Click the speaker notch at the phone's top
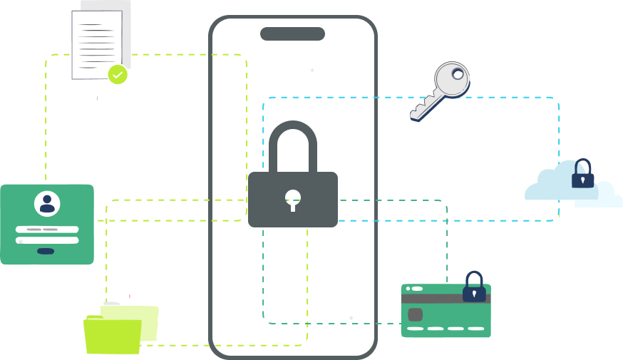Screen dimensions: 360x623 (292, 34)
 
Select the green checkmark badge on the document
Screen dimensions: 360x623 (118, 74)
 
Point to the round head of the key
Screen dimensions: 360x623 (452, 78)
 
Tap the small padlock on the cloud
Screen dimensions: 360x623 (582, 175)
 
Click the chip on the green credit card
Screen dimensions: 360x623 (416, 314)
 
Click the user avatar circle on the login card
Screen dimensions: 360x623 (47, 204)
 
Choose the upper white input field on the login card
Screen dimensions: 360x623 (47, 230)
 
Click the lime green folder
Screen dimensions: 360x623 (113, 336)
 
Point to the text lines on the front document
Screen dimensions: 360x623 (97, 43)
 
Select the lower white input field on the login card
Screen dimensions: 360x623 (47, 240)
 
